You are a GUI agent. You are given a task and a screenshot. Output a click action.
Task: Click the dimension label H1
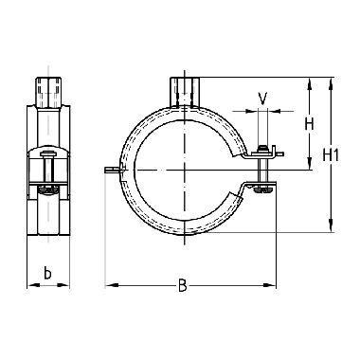pos(331,155)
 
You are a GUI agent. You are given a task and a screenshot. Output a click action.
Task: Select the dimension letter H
pos(309,124)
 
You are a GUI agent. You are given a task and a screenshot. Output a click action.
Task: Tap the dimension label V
pos(262,99)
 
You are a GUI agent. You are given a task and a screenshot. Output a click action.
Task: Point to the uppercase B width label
pos(182,285)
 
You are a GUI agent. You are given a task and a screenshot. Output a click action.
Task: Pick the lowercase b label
pos(47,273)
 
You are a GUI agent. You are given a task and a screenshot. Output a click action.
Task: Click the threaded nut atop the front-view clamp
pos(185,92)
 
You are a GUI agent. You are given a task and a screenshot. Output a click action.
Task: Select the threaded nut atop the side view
pos(48,92)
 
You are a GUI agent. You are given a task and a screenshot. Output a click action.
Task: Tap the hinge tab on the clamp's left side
pos(113,170)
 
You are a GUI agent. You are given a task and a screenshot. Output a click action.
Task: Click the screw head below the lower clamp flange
pos(262,189)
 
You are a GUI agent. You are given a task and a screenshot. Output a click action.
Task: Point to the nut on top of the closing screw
pos(261,149)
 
